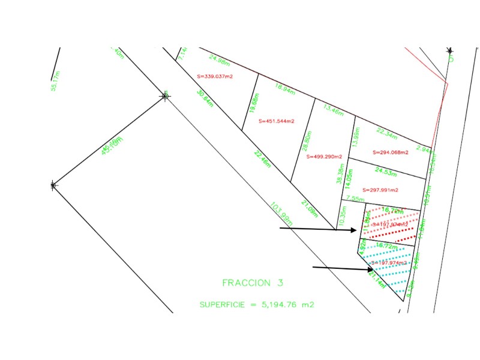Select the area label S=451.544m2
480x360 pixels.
click(x=277, y=121)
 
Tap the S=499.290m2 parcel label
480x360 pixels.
click(x=324, y=157)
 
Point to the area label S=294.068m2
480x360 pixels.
click(x=390, y=152)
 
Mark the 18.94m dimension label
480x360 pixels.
click(x=285, y=89)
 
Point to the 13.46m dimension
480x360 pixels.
click(x=333, y=110)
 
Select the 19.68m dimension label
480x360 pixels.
click(x=254, y=103)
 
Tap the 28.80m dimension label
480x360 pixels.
click(x=307, y=142)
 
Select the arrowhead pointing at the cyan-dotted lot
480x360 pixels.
click(x=370, y=269)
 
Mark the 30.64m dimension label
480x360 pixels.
click(x=205, y=98)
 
